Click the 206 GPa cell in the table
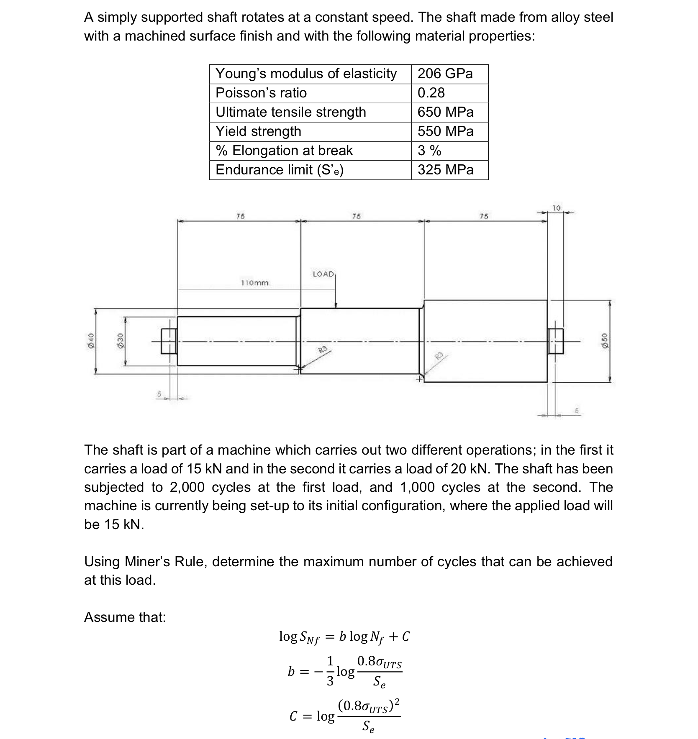445,74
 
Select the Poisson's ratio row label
261,93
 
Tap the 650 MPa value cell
445,112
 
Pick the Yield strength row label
258,131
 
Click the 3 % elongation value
429,151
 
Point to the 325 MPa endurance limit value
445,170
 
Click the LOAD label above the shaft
323,274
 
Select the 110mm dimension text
254,283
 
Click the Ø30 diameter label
121,341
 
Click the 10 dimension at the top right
556,208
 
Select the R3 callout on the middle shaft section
322,350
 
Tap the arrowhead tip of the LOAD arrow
336,307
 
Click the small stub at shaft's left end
169,341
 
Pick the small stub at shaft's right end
556,341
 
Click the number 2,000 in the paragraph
187,487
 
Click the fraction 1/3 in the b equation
330,671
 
